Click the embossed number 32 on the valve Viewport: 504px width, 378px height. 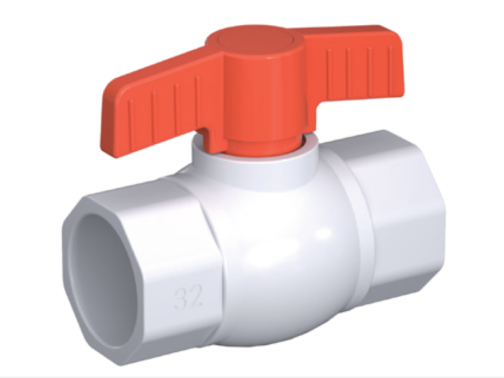click(x=188, y=295)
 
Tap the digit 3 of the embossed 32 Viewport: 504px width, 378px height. click(x=181, y=296)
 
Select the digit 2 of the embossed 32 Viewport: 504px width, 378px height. click(x=195, y=295)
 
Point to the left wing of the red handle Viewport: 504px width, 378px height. click(x=154, y=100)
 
